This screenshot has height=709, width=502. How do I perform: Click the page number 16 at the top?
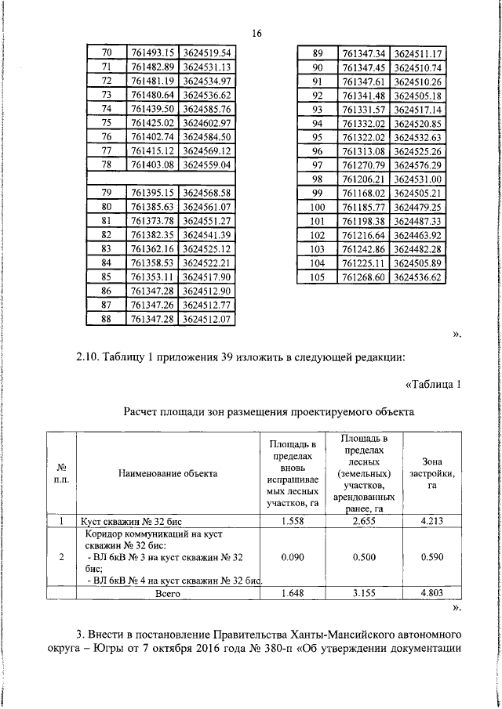pos(256,33)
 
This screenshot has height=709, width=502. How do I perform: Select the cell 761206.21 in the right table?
pos(365,179)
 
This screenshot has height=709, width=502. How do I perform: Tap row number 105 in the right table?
pos(318,277)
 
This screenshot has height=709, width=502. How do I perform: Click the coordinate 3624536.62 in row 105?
pos(420,277)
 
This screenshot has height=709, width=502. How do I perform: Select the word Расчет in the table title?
pos(144,411)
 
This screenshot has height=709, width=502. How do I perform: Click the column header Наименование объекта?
pos(169,473)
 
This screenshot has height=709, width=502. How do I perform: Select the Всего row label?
pos(169,595)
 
